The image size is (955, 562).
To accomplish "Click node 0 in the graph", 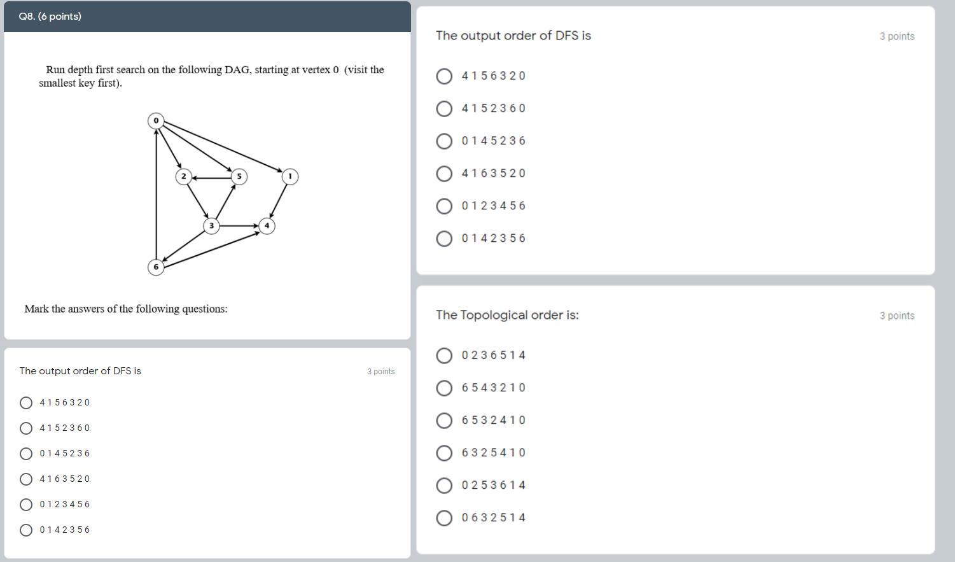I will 156,120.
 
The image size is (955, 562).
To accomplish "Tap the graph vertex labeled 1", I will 290,176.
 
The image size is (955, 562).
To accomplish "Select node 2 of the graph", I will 183,176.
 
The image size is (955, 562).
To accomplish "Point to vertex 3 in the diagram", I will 211,226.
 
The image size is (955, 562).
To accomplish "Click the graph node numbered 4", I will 267,226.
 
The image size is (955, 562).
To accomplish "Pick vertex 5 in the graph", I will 239,176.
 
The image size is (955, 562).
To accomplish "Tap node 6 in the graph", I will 156,267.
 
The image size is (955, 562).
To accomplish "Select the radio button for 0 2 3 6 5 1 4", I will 444,356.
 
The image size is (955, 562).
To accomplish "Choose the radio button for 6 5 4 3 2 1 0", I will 444,388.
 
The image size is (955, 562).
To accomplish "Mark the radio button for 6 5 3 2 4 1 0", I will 444,421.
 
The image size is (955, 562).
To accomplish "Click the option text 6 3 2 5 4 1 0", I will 494,453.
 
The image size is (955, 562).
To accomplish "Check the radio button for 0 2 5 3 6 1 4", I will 444,486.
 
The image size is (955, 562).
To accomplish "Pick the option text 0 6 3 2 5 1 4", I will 494,518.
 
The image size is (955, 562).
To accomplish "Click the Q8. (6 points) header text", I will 50,17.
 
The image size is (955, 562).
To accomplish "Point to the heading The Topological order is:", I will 507,315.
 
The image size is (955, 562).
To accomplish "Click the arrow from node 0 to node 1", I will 223,147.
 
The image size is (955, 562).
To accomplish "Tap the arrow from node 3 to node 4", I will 239,226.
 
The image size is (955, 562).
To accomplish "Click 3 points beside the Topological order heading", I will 896,316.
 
